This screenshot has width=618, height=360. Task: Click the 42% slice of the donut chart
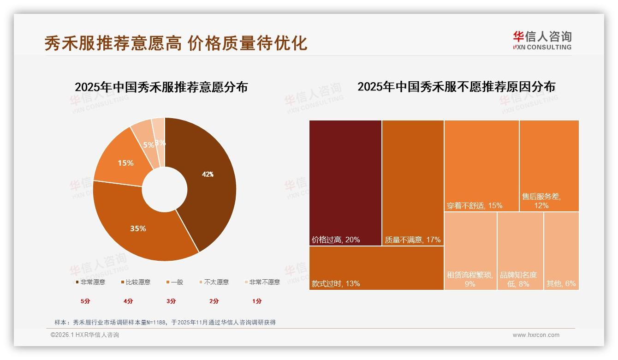click(x=208, y=174)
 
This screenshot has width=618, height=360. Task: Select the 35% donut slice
click(x=138, y=228)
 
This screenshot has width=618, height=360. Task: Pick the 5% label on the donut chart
click(x=148, y=145)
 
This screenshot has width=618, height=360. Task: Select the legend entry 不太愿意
click(x=216, y=282)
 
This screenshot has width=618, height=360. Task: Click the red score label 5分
click(x=85, y=301)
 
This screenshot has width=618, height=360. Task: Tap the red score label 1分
click(x=257, y=301)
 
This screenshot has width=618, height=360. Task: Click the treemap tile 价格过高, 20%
click(x=345, y=183)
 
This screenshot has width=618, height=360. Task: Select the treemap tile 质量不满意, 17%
click(x=413, y=183)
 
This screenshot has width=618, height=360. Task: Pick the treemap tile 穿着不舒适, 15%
click(x=481, y=166)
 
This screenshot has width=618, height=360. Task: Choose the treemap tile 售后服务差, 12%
click(x=549, y=166)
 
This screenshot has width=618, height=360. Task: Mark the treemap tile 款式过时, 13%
click(x=376, y=268)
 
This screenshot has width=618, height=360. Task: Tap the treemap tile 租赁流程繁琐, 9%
click(x=470, y=251)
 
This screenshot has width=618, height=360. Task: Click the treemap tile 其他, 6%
click(x=561, y=251)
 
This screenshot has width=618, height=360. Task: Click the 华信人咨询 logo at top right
click(x=542, y=40)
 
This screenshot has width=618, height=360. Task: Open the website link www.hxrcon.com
click(x=536, y=335)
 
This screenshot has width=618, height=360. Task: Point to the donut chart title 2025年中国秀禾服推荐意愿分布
click(x=161, y=87)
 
